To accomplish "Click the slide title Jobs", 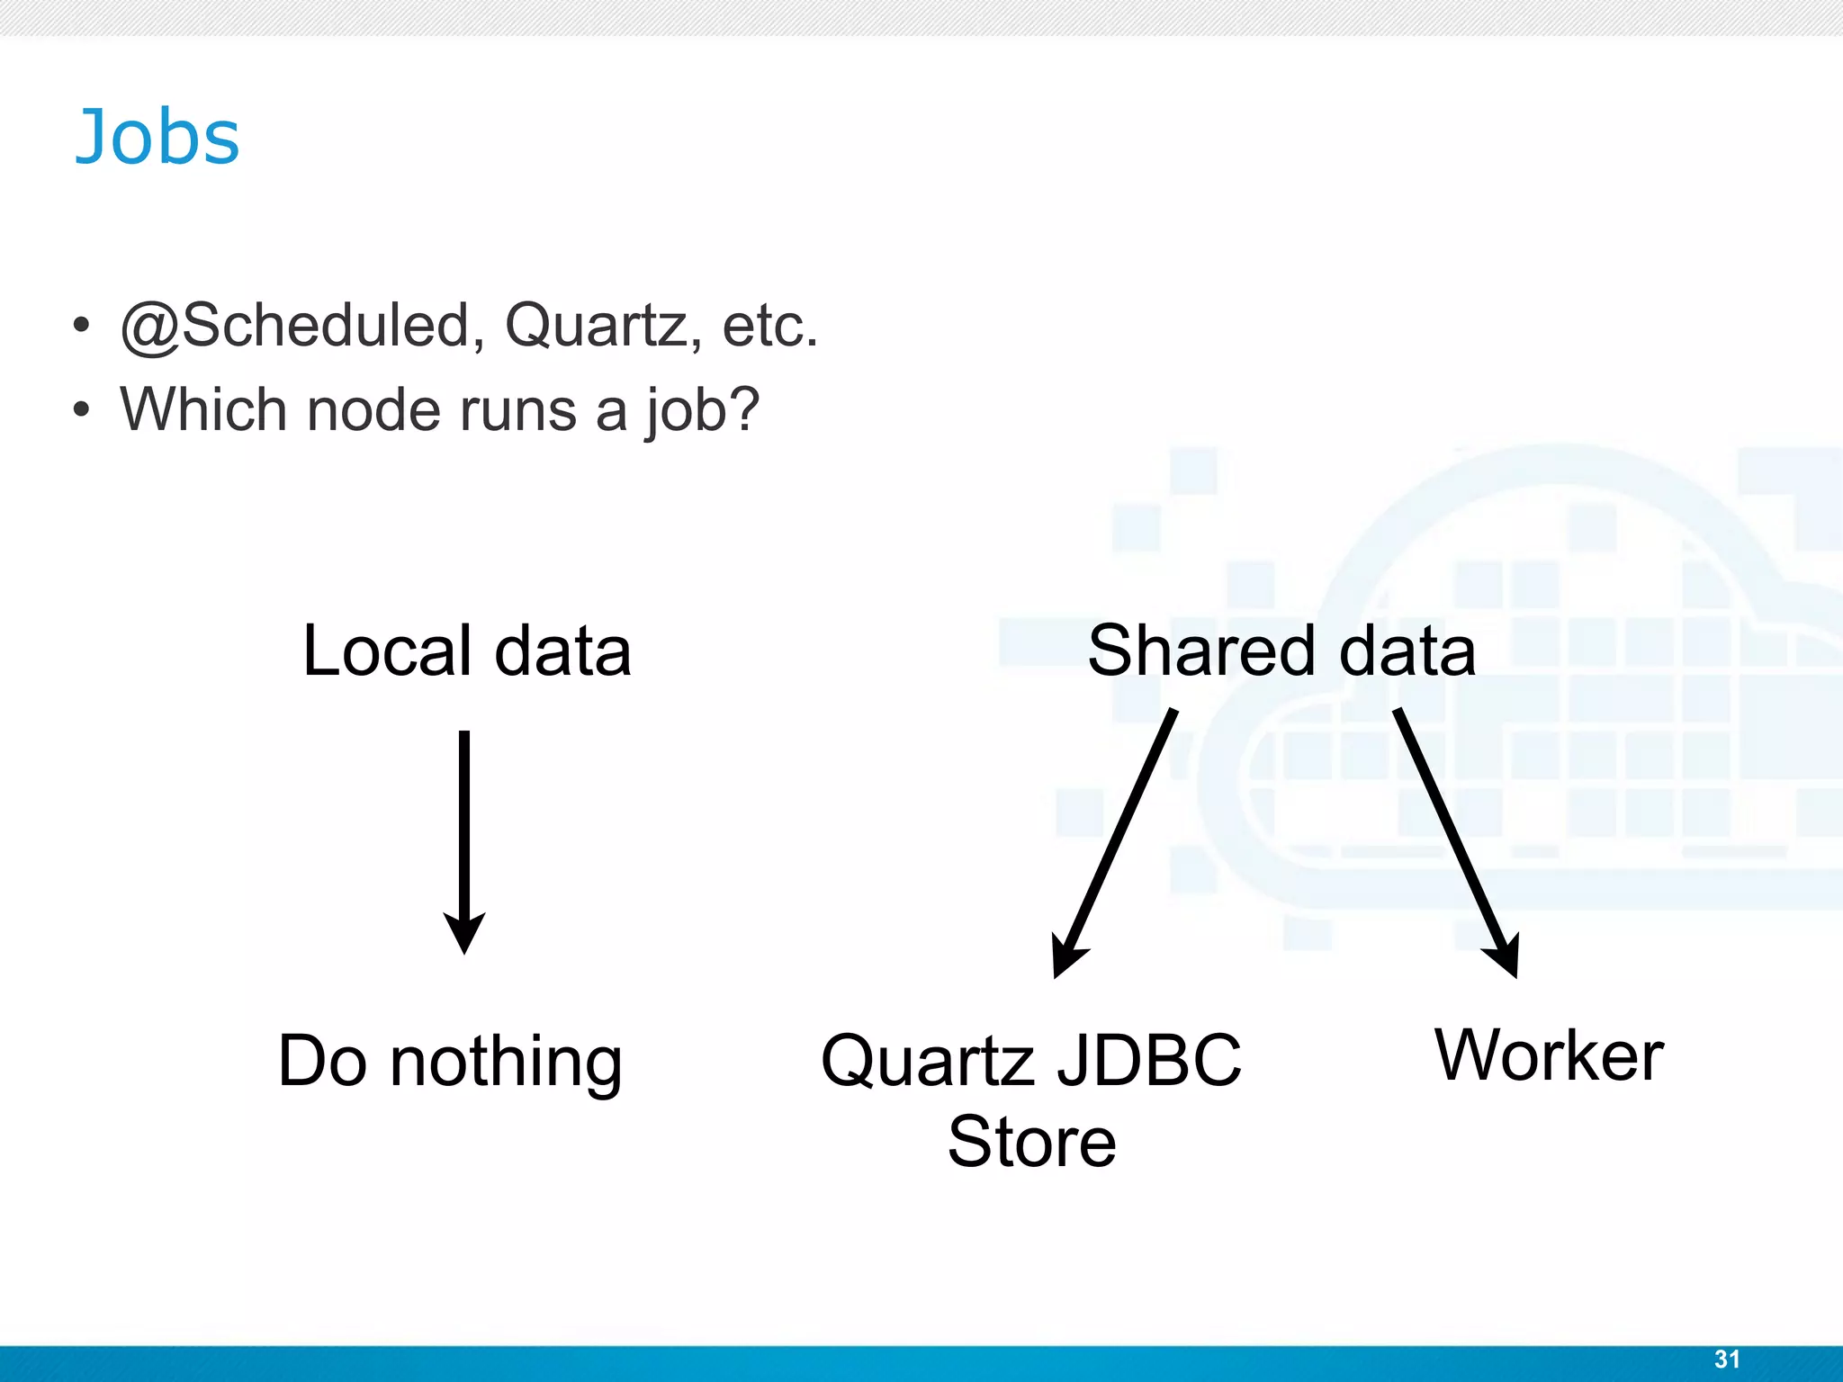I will (x=157, y=138).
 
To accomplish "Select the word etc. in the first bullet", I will (x=770, y=325).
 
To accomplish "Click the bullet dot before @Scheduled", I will (x=82, y=326).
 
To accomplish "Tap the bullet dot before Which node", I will (x=82, y=410).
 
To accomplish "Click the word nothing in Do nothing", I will (x=506, y=1063).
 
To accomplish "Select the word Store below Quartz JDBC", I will (x=1032, y=1142).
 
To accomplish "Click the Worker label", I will (x=1549, y=1055).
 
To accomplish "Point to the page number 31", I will (x=1727, y=1360).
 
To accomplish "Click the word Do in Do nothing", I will (x=322, y=1061).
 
